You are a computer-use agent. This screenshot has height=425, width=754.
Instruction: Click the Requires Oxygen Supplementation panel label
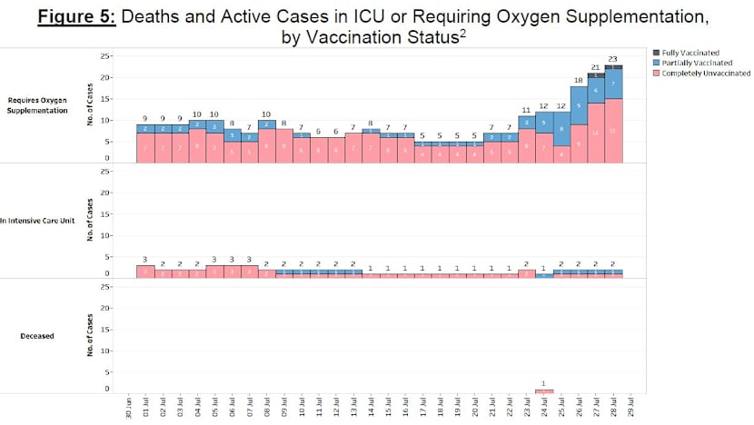38,104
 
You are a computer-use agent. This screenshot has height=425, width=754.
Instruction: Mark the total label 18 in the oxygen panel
578,80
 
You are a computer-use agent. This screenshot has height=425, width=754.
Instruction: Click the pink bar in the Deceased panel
543,391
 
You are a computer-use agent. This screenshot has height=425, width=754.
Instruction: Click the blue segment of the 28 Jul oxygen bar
612,84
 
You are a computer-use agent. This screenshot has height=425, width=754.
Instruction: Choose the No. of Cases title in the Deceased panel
89,335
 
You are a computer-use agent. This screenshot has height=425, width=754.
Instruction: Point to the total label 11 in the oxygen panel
526,110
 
